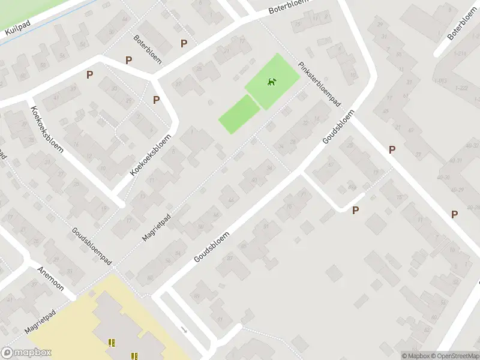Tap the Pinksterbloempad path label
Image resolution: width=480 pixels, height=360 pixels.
320,85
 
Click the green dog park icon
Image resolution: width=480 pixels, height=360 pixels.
272,82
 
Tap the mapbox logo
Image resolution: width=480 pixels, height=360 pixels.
26,353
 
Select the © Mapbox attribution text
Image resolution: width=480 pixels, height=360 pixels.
416,356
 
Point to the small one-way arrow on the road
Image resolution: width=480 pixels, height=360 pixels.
184,329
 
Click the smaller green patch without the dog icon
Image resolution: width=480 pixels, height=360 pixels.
239,113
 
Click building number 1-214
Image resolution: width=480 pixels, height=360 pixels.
460,54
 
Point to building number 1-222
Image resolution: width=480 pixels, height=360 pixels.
462,88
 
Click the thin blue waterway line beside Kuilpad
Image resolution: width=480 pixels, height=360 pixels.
36,24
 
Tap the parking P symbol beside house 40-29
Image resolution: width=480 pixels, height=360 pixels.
454,214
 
